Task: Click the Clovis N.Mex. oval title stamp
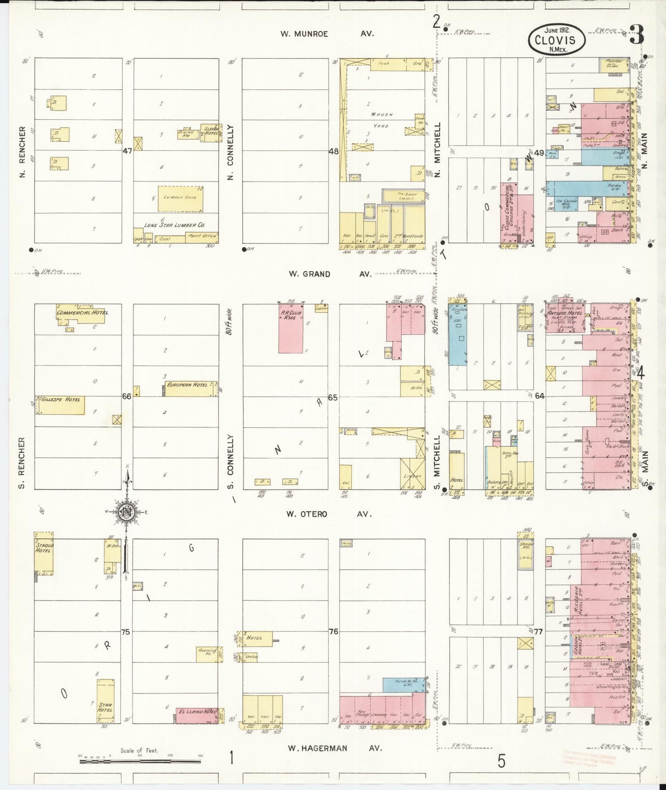coord(556,39)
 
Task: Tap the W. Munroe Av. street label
coord(327,34)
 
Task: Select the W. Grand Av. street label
coord(330,274)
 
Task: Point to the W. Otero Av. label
coord(329,514)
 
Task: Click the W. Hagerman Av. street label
coord(335,748)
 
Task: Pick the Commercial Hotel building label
coord(83,312)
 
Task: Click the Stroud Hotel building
coord(44,553)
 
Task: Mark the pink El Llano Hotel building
coord(197,716)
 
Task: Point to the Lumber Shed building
coord(180,199)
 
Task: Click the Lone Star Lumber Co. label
coord(175,225)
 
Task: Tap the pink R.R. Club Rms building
coord(291,328)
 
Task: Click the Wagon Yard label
coord(381,120)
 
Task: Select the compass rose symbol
coord(126,512)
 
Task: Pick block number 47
coord(128,151)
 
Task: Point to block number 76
coord(333,631)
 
